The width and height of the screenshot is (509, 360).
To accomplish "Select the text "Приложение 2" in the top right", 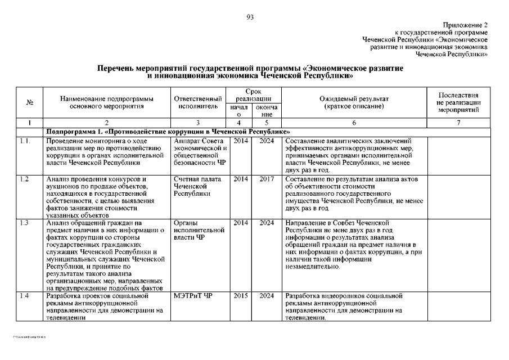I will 465,25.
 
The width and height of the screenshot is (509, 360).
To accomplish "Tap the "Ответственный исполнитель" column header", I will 198,102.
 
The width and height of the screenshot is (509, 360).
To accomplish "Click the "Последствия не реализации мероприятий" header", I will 458,102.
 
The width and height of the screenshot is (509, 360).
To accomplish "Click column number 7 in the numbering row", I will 458,123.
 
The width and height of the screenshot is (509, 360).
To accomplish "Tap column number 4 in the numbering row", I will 240,123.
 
